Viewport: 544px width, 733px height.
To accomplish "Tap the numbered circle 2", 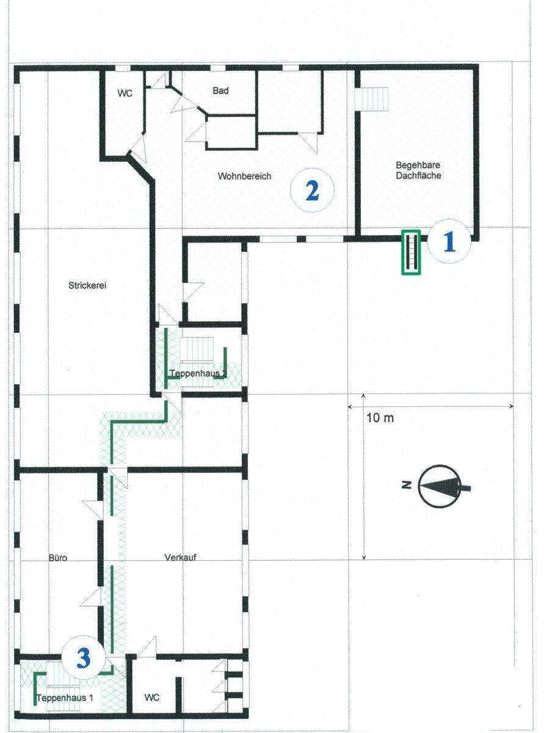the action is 312,191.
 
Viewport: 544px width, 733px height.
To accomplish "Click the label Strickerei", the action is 87,285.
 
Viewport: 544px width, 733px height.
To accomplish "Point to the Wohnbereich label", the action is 244,176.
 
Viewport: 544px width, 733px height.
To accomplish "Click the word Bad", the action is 220,91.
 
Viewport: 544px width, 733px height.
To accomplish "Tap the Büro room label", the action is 58,558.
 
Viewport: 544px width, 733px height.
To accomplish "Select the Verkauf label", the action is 180,557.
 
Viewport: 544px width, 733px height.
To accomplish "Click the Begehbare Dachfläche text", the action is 418,170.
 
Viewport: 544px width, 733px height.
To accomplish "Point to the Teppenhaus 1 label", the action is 65,698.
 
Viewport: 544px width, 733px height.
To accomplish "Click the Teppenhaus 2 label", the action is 198,373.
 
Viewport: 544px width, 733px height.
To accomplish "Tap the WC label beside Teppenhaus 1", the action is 151,698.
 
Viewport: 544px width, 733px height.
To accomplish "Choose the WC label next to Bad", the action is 125,93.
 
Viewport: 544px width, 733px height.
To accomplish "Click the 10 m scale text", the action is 380,418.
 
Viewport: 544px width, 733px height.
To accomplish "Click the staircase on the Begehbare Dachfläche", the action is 372,99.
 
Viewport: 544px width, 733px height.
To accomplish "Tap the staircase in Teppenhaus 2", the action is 197,362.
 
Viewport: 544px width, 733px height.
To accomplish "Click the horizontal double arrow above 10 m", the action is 430,406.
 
